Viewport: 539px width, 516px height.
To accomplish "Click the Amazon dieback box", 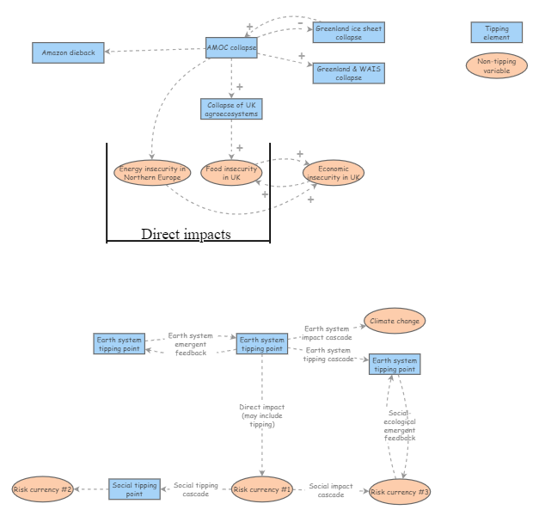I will tap(69, 52).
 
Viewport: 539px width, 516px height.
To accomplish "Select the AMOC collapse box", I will tap(231, 47).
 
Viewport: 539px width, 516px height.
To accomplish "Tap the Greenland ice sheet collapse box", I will tap(348, 33).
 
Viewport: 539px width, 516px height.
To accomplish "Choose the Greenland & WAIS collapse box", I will tap(348, 72).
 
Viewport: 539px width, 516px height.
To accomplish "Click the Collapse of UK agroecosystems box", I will tap(230, 108).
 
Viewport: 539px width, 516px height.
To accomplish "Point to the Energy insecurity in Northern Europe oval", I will tap(151, 173).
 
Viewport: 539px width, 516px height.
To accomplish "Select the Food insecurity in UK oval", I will tap(230, 173).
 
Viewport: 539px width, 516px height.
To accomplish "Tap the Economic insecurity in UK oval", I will tap(334, 173).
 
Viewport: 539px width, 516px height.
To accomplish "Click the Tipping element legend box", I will tap(496, 33).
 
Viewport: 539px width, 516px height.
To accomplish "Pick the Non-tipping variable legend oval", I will tap(496, 65).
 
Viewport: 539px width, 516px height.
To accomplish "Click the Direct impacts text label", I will tap(186, 234).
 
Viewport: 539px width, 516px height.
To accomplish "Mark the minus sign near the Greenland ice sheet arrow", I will tap(300, 23).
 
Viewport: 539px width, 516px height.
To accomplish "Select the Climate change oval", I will tap(395, 322).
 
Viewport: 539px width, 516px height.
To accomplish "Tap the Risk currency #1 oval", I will tap(262, 489).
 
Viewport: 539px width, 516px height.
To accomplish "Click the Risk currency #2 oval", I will tap(42, 489).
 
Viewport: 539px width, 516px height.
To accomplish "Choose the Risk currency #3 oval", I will tap(400, 492).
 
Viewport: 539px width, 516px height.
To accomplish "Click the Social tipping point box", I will tap(134, 489).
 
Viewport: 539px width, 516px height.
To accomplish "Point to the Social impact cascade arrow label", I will tap(331, 490).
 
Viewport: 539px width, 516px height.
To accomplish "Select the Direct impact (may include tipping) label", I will tap(262, 415).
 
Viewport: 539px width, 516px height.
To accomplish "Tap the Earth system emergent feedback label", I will tap(190, 344).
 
